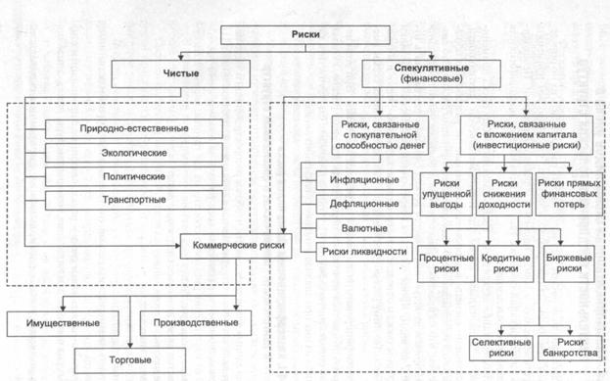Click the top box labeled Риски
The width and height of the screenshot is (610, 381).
coord(305,34)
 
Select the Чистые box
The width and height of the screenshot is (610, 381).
coord(180,73)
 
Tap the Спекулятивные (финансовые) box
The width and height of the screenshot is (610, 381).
coord(431,73)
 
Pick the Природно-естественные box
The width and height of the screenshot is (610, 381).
coord(134,129)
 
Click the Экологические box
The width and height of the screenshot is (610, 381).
coord(134,153)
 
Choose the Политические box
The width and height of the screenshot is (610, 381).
coord(134,176)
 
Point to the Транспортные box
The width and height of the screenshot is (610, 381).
coord(134,200)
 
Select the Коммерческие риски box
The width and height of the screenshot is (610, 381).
coord(236,246)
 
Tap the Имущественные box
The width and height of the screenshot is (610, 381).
coord(63,323)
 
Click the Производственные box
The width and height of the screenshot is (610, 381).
coord(196,323)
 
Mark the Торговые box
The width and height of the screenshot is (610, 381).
coord(130,360)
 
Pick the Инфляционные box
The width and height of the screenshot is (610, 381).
coord(364,180)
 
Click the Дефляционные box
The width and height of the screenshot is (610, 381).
coord(364,204)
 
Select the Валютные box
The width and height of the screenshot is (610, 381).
coord(364,228)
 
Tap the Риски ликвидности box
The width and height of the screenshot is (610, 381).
coord(364,252)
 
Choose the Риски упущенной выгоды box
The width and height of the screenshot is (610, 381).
coord(446,194)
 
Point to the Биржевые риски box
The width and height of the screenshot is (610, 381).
coord(569,263)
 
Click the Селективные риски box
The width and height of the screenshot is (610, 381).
coord(501,348)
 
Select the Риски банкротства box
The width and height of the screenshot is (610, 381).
coord(570,348)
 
